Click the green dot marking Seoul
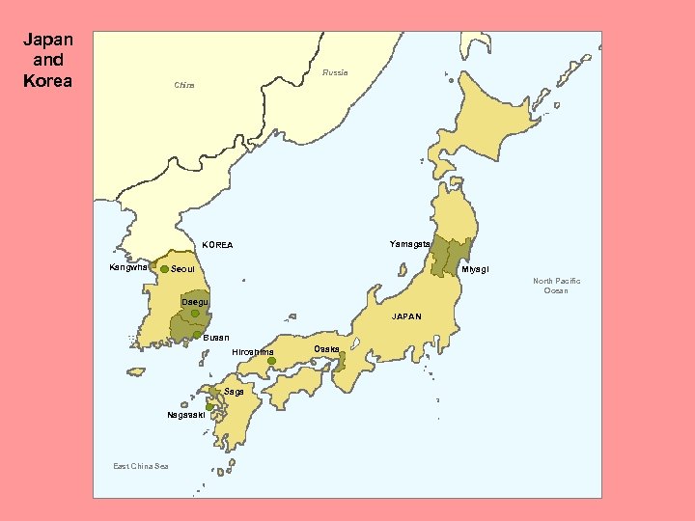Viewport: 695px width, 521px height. coord(164,268)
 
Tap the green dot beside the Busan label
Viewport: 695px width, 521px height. coord(197,336)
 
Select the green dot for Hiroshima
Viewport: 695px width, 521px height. coord(272,361)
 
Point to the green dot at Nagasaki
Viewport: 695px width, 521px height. coord(209,407)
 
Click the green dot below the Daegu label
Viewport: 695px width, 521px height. coord(195,314)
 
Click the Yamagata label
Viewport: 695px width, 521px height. coord(409,243)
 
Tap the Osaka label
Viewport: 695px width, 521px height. coord(326,348)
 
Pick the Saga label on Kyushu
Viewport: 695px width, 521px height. coord(234,392)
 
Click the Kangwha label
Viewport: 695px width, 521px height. coord(127,267)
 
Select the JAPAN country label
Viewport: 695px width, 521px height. coord(406,316)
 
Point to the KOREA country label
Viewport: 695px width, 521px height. coord(217,245)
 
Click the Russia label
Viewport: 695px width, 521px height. coord(335,73)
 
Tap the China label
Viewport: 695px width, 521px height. coord(183,86)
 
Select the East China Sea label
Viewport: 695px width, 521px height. coord(140,467)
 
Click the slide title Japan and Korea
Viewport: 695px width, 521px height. coord(47,60)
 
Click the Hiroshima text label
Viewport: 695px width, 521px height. coord(253,352)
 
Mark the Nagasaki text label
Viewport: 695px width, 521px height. coord(184,415)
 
